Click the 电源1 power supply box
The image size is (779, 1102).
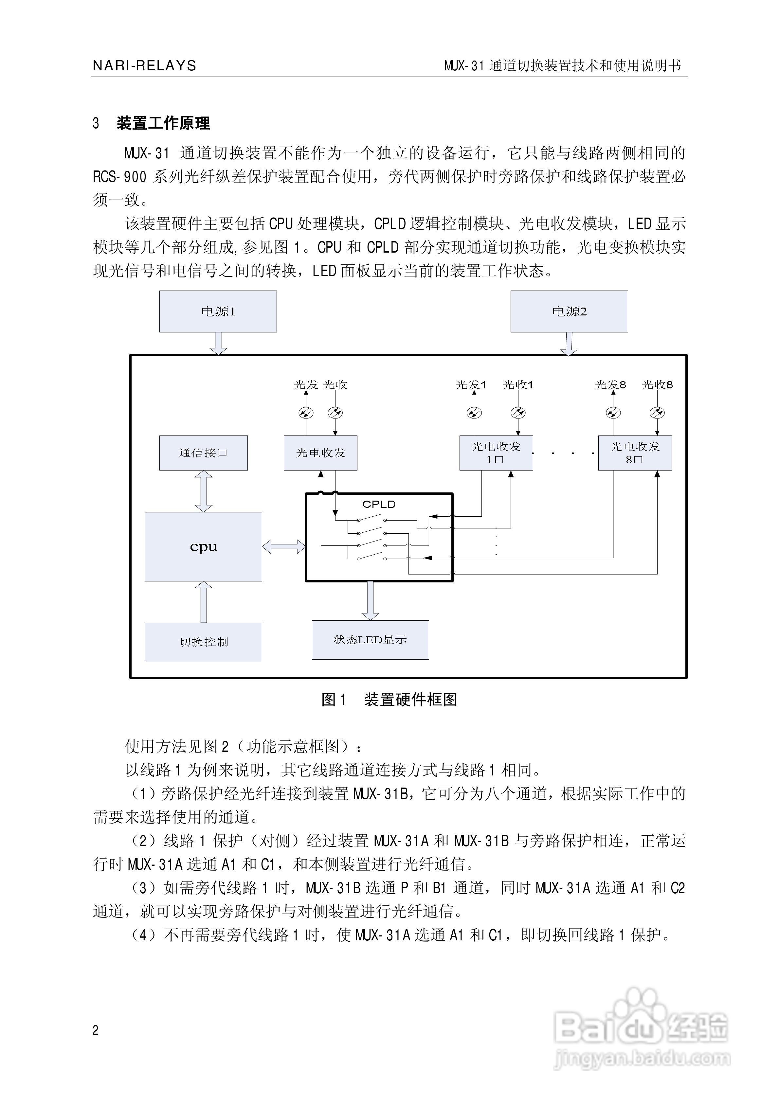(x=218, y=311)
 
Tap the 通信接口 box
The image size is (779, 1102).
(x=203, y=453)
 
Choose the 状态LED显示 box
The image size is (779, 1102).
(x=370, y=639)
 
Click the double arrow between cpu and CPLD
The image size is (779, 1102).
(x=283, y=546)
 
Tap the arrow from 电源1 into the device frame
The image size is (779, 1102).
(x=218, y=343)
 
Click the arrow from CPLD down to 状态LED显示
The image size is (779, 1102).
(x=370, y=600)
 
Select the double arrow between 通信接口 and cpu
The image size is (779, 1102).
(x=203, y=491)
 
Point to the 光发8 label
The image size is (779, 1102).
(x=610, y=384)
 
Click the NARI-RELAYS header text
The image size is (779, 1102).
(x=144, y=66)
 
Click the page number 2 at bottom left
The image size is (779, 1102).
(x=95, y=1030)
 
